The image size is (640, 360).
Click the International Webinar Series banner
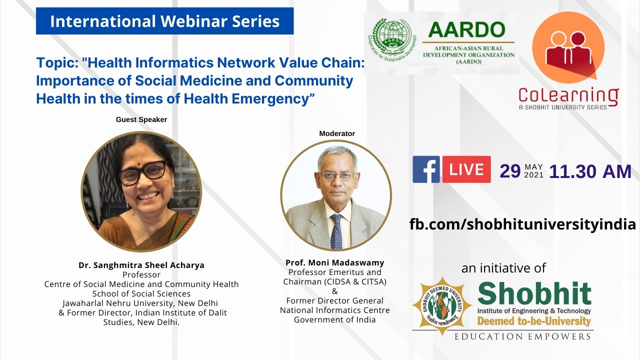(164, 21)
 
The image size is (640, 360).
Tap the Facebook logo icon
(425, 169)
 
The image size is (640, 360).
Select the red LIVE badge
(466, 169)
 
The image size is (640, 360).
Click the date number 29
(510, 171)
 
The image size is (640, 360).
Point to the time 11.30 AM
(590, 171)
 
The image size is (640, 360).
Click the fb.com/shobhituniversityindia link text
(522, 223)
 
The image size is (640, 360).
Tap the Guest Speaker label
(141, 119)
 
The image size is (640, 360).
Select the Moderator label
(337, 133)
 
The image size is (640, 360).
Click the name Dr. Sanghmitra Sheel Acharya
(141, 265)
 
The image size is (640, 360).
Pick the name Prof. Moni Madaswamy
(335, 262)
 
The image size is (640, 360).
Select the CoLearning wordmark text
(568, 94)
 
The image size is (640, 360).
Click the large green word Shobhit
(534, 294)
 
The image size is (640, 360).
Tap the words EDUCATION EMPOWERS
(522, 336)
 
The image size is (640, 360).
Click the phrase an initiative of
(503, 268)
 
